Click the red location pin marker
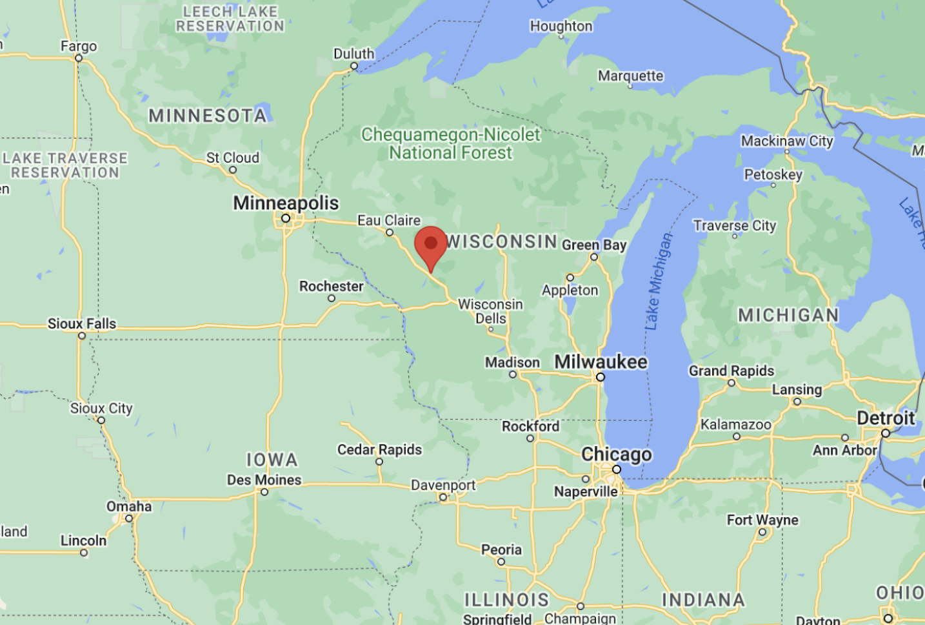pyautogui.click(x=431, y=246)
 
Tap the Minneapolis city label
pyautogui.click(x=286, y=203)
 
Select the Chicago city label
pyautogui.click(x=617, y=455)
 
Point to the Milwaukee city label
pyautogui.click(x=601, y=362)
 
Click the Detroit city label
pyautogui.click(x=886, y=418)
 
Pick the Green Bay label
pyautogui.click(x=594, y=245)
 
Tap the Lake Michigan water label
pyautogui.click(x=659, y=282)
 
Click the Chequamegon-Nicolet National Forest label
pyautogui.click(x=450, y=143)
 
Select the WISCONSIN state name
pyautogui.click(x=502, y=241)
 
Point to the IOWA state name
pyautogui.click(x=272, y=460)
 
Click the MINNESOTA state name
pyautogui.click(x=208, y=116)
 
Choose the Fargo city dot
pyautogui.click(x=79, y=58)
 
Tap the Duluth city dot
pyautogui.click(x=354, y=66)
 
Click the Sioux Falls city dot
pyautogui.click(x=82, y=336)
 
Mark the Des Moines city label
pyautogui.click(x=264, y=480)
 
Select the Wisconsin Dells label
pyautogui.click(x=490, y=311)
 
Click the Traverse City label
pyautogui.click(x=734, y=225)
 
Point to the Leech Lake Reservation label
pyautogui.click(x=230, y=19)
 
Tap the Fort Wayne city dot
pyautogui.click(x=762, y=532)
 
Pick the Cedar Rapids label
pyautogui.click(x=379, y=449)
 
